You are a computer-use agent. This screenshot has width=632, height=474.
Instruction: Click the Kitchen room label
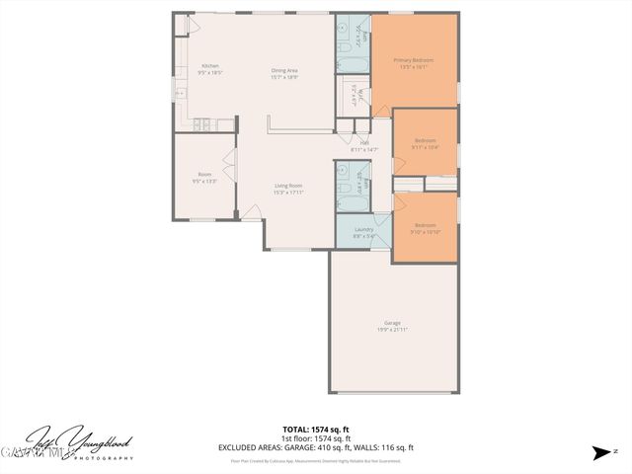(x=210, y=69)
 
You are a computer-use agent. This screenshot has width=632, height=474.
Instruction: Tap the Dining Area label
(x=285, y=73)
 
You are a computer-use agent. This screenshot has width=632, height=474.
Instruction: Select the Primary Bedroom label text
(x=415, y=64)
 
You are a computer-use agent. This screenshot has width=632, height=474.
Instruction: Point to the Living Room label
(x=288, y=190)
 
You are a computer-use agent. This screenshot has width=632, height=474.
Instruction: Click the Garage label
(x=393, y=327)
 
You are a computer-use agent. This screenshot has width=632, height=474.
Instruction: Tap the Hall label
(x=364, y=146)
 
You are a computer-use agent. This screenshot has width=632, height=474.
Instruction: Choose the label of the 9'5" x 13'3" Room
(x=204, y=179)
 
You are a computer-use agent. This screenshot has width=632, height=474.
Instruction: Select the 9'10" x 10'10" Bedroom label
(x=425, y=227)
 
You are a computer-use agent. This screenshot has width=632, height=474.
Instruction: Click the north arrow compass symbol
(x=602, y=453)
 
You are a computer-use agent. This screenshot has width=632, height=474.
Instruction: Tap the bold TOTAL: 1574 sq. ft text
(x=316, y=430)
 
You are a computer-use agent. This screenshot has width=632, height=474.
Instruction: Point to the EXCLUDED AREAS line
(x=316, y=447)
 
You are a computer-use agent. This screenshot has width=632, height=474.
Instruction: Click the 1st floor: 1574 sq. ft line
(x=316, y=438)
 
